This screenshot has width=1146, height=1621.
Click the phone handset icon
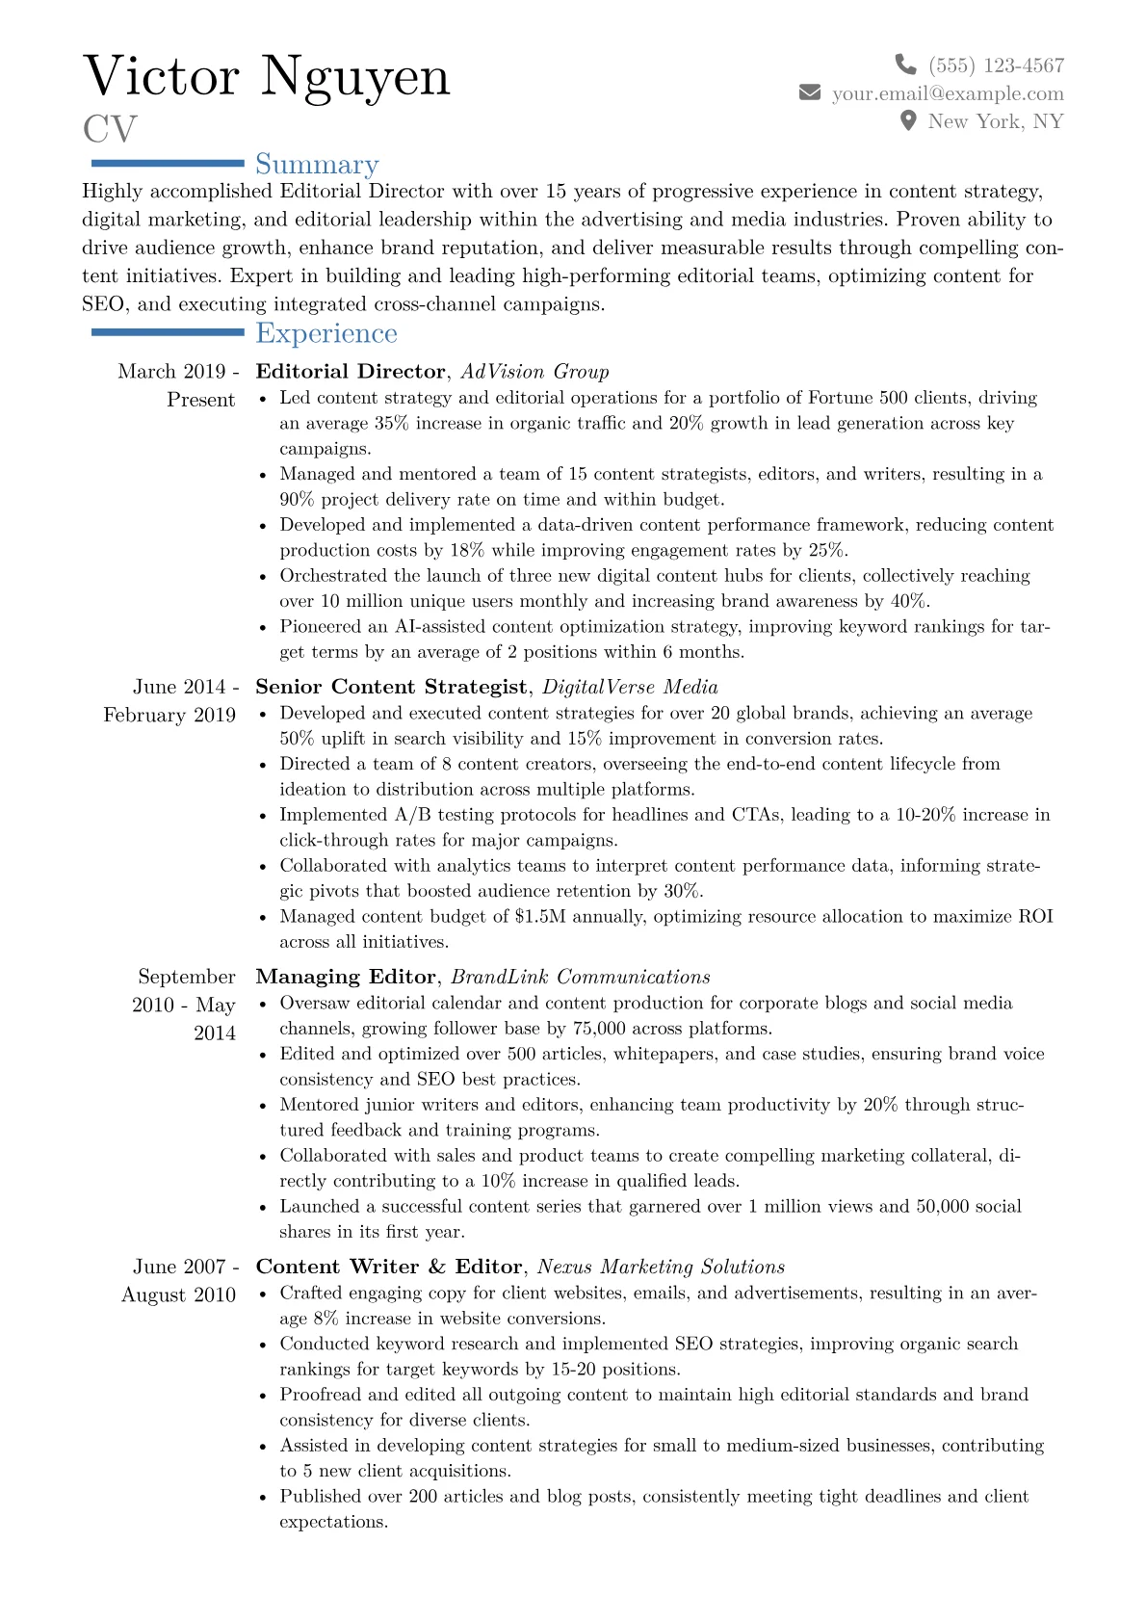905,65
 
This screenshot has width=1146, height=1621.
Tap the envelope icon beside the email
810,92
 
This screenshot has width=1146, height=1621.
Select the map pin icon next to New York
907,120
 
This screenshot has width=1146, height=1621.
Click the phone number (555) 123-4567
996,65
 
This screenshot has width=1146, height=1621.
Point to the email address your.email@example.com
948,93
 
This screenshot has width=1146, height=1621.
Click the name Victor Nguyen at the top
267,76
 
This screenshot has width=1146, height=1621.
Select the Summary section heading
317,165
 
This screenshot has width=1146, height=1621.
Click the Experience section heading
326,333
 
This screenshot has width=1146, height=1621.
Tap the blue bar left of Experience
167,332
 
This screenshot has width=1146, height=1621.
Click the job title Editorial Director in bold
351,372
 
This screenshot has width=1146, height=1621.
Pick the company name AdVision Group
534,372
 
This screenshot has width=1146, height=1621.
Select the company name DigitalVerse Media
630,687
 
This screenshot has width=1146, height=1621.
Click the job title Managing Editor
345,977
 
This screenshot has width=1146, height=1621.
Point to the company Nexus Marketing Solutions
661,1267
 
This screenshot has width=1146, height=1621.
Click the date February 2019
169,715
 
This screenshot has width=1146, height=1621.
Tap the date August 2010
178,1294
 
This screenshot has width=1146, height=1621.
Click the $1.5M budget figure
539,916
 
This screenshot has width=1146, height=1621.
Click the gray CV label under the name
110,129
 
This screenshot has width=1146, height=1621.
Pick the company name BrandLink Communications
580,977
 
